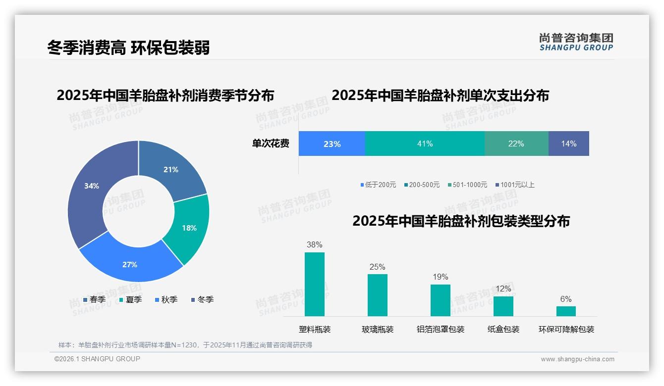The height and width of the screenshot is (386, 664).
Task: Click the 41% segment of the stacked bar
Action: (x=425, y=144)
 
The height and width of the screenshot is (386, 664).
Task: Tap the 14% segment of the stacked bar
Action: (x=568, y=144)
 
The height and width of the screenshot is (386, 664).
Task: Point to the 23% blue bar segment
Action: (x=332, y=144)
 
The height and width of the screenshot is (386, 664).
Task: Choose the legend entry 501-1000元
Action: (x=468, y=185)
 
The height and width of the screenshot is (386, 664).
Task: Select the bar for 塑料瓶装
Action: (x=314, y=284)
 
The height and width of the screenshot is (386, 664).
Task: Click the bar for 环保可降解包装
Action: (x=566, y=311)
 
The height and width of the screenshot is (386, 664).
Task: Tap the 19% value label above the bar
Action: (x=440, y=277)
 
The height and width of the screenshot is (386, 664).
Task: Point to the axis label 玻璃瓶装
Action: (x=377, y=329)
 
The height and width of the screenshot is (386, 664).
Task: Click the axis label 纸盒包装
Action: (x=503, y=329)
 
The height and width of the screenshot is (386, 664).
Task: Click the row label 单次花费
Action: (x=271, y=144)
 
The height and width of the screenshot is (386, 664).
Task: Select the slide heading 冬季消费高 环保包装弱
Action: (x=128, y=48)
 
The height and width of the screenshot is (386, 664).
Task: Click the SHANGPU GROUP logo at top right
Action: (x=576, y=42)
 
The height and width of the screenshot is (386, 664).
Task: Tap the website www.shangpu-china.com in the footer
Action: (x=577, y=359)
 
